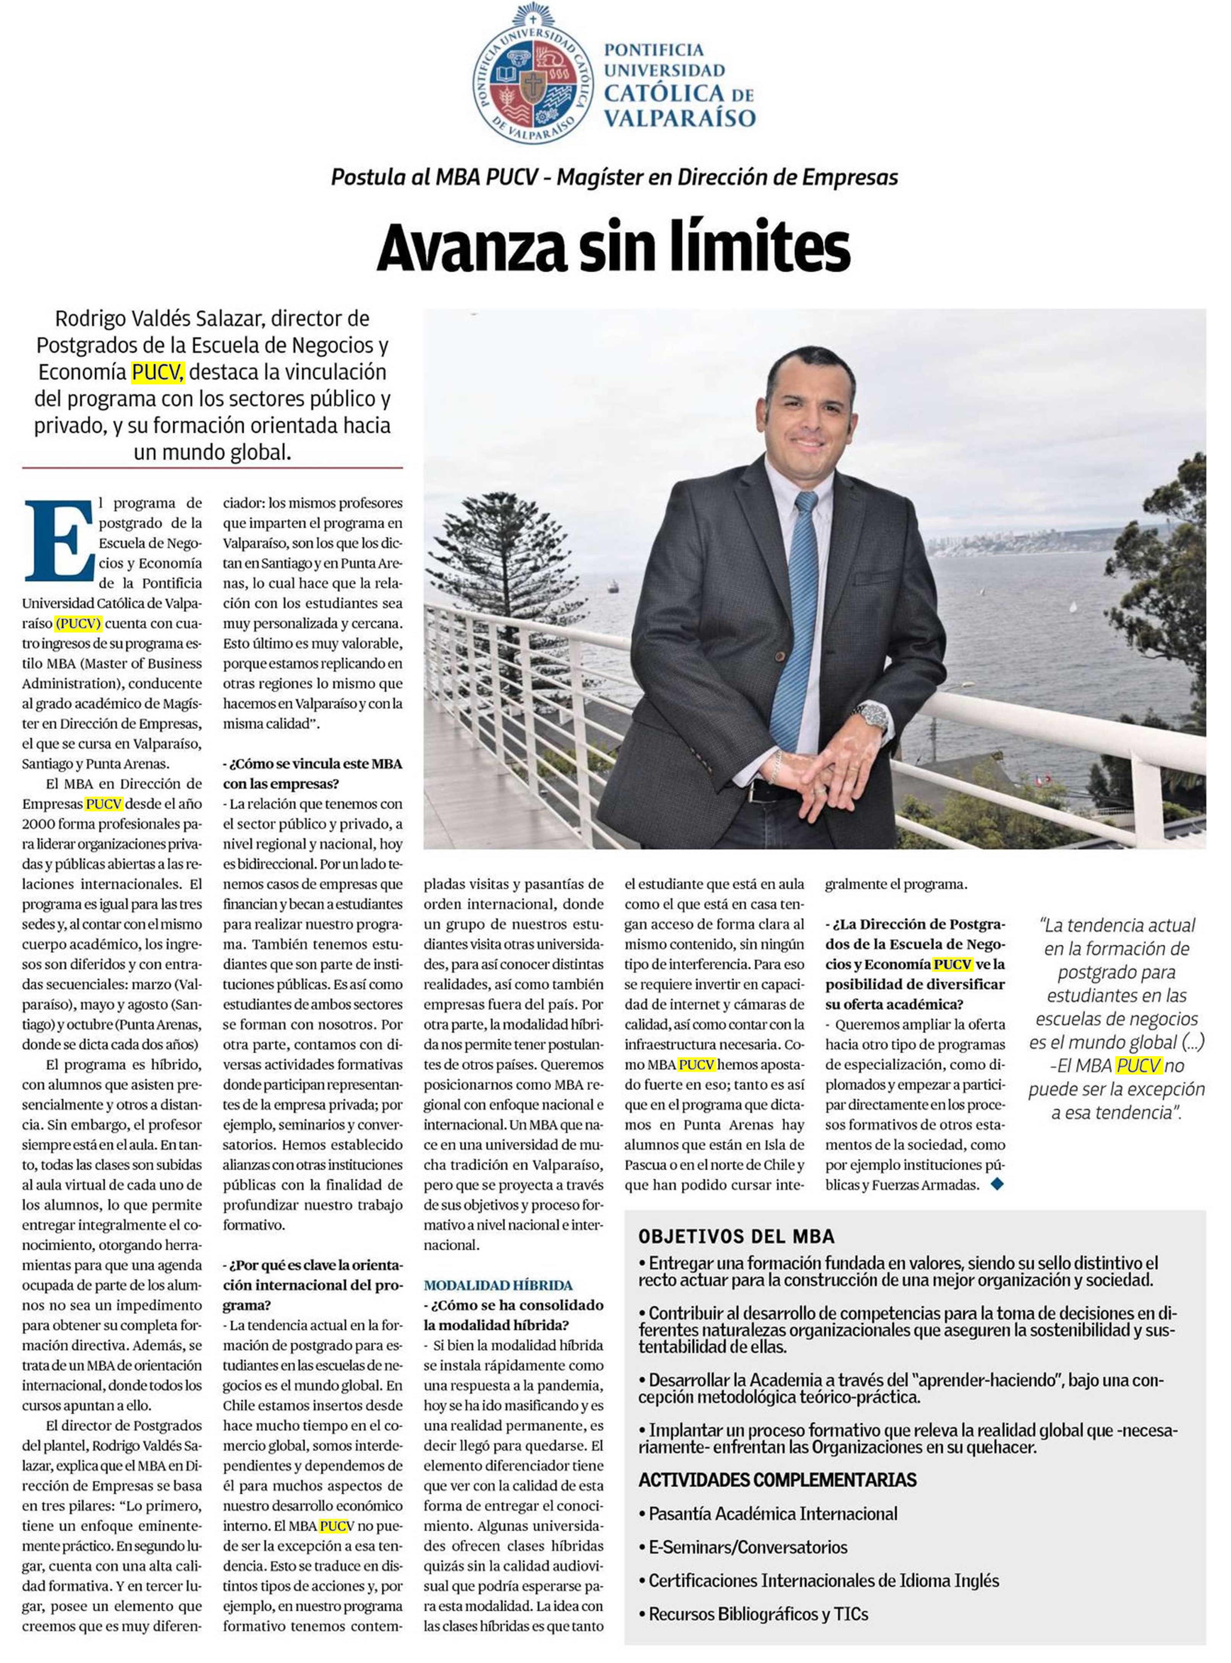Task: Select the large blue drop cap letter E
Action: (x=60, y=540)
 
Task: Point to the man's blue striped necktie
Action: (x=796, y=618)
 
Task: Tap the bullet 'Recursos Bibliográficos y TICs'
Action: (x=758, y=1614)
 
